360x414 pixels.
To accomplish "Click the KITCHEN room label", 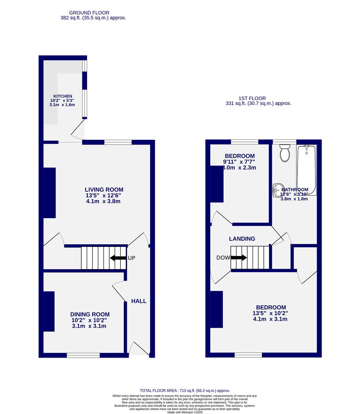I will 62,96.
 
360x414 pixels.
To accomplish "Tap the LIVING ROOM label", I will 104,189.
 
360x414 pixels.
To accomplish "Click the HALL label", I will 139,301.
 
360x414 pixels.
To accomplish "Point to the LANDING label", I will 242,239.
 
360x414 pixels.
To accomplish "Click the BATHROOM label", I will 295,190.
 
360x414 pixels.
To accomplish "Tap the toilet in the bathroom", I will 285,153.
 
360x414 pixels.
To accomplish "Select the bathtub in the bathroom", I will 306,170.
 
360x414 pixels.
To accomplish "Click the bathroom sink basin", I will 278,189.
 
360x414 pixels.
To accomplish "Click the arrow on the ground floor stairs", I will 118,258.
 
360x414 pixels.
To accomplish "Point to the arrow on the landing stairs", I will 238,258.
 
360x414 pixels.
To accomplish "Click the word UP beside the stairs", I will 132,258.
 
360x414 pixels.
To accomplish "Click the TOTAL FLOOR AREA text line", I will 185,391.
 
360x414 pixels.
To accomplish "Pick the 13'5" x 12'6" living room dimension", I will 104,195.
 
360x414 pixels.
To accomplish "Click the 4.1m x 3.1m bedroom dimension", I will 270,319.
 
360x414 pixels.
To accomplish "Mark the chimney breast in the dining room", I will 49,311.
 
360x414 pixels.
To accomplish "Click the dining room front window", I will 83,355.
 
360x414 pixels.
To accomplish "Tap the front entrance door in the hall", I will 139,349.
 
